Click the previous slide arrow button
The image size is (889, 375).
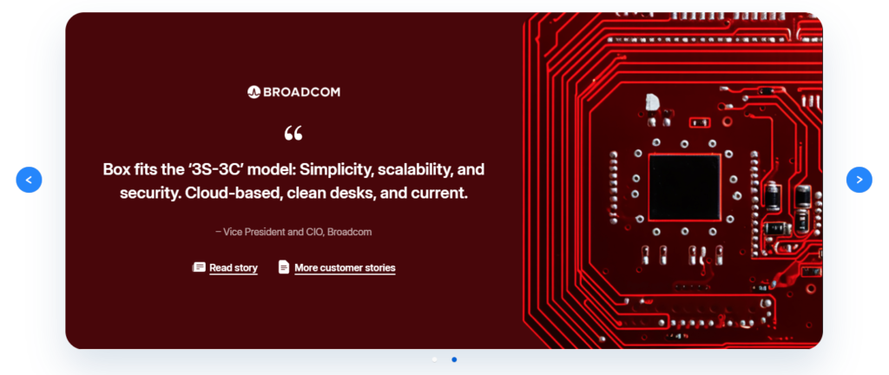[x=29, y=180]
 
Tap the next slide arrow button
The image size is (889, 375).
[x=859, y=180]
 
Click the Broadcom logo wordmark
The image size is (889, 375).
[x=293, y=92]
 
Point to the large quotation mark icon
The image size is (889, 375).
[x=293, y=134]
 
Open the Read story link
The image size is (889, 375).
[x=234, y=268]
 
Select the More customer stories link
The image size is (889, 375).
[x=345, y=268]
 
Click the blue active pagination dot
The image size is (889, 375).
[x=454, y=359]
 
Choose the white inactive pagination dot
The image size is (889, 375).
[x=434, y=359]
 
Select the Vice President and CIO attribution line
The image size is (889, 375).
[x=293, y=232]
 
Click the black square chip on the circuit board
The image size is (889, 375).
[x=684, y=187]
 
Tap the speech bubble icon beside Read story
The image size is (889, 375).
[x=199, y=266]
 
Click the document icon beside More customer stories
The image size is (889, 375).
[x=284, y=266]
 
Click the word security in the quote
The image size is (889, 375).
[x=148, y=194]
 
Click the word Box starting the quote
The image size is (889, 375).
[x=115, y=169]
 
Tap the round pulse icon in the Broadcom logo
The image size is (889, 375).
[x=254, y=92]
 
